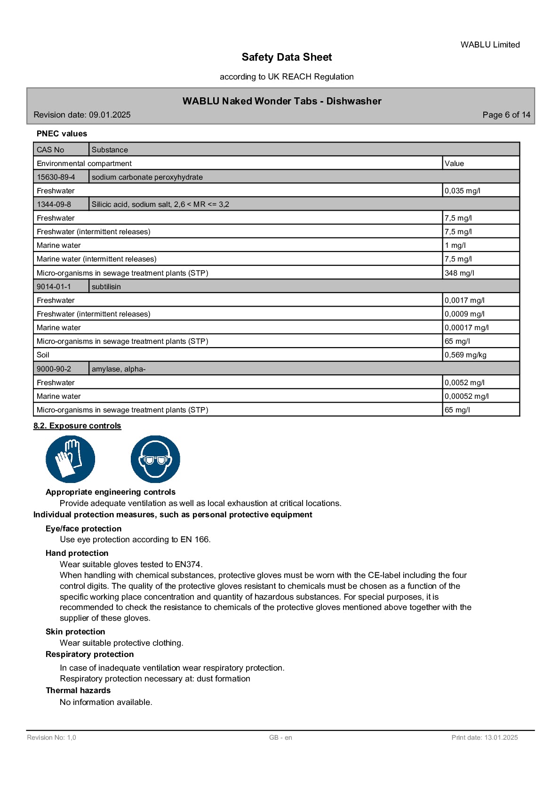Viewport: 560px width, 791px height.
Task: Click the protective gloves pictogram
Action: point(70,459)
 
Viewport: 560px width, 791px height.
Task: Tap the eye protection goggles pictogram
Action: point(155,459)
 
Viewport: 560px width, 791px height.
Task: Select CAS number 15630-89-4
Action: point(56,177)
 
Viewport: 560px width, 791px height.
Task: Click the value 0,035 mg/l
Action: point(463,190)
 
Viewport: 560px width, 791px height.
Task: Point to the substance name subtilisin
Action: point(106,286)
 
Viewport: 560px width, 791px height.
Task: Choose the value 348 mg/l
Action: point(459,273)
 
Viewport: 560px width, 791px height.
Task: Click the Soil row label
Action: point(43,355)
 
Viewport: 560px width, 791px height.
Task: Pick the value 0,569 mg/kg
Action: point(465,355)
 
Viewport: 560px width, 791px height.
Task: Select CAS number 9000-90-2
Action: point(54,369)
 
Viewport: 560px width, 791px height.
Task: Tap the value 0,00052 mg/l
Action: point(467,396)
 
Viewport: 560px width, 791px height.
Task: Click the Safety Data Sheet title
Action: point(287,57)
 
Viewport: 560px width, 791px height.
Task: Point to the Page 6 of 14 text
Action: point(506,115)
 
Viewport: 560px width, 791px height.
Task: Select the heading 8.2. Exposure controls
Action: point(77,426)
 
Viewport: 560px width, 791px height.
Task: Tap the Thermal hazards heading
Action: point(78,690)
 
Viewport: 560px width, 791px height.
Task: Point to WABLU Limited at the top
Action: point(490,45)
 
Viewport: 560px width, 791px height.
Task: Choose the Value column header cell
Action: point(455,163)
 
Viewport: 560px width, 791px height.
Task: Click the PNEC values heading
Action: point(62,134)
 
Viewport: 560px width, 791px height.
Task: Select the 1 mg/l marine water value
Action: point(455,245)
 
